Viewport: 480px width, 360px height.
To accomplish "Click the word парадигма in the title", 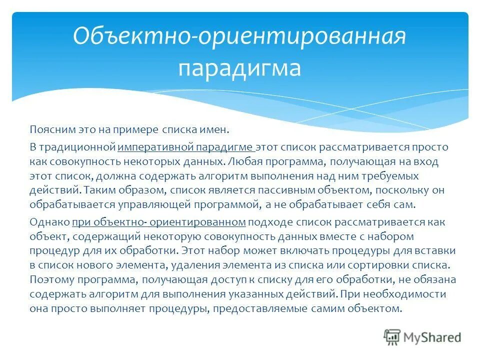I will pyautogui.click(x=239, y=68).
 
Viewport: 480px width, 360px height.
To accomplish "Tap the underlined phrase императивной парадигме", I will pyautogui.click(x=186, y=147).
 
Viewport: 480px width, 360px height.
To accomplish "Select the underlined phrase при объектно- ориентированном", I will pyautogui.click(x=159, y=222).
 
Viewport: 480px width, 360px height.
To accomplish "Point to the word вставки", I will pyautogui.click(x=429, y=250).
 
